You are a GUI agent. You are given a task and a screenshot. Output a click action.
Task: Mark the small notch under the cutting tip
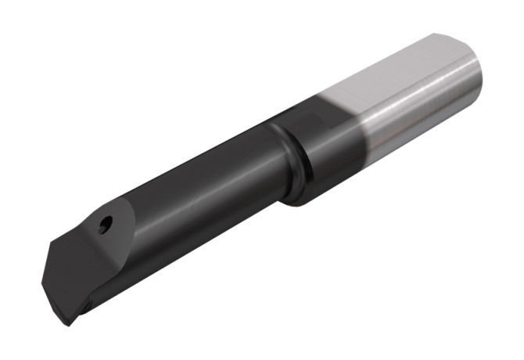click(x=87, y=305)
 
